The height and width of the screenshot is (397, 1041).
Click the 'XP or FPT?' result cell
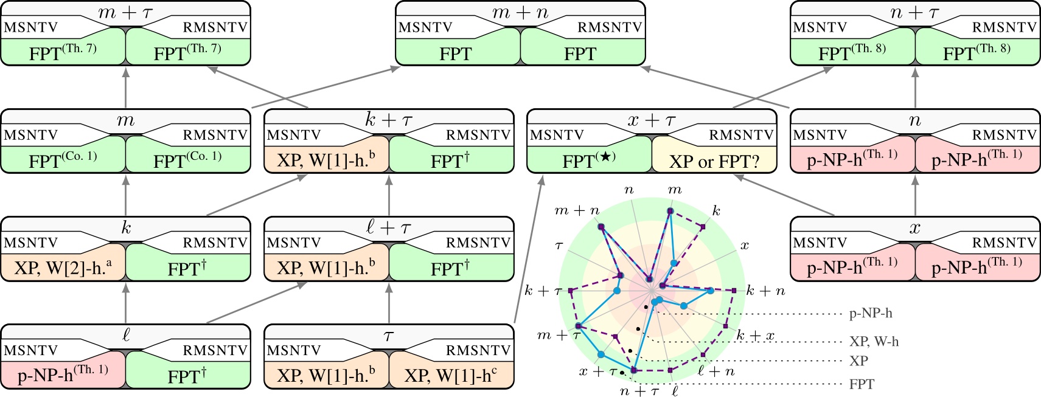tap(714, 161)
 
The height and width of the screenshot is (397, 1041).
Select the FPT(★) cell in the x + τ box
tap(588, 161)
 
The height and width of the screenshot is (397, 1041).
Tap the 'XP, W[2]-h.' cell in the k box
tap(63, 268)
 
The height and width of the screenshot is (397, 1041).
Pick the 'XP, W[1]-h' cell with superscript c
tap(451, 375)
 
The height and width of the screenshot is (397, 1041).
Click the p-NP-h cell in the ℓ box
tap(63, 375)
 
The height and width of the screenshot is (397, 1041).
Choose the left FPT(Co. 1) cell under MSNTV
tap(63, 161)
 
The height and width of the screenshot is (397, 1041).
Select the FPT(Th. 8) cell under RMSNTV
tap(977, 53)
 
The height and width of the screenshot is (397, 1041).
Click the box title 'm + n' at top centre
tap(520, 12)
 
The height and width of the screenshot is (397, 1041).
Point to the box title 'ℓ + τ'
tap(389, 228)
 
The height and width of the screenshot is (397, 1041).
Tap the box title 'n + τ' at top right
tap(914, 12)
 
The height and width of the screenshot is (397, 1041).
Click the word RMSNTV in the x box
tap(1004, 243)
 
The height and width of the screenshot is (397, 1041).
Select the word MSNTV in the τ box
tap(293, 350)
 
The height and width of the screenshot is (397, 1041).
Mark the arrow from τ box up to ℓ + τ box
tap(389, 302)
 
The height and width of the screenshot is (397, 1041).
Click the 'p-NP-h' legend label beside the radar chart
tap(871, 314)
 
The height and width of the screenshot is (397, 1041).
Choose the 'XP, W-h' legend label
tap(874, 342)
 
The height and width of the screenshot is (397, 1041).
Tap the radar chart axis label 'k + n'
tap(765, 291)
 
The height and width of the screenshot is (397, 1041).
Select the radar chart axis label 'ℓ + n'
tap(716, 371)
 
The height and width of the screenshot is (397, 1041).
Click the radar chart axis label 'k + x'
tap(756, 336)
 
